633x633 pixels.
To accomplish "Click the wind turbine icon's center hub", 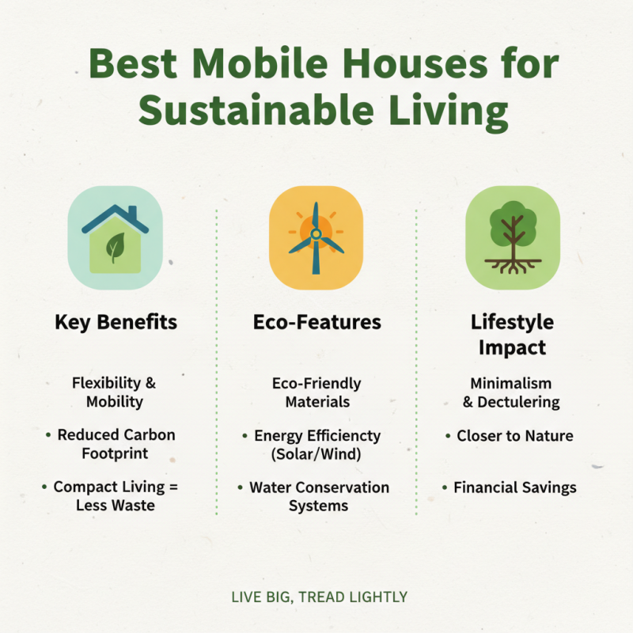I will click(316, 233).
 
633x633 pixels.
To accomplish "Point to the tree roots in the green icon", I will click(513, 265).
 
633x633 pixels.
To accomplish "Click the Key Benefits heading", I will click(116, 323).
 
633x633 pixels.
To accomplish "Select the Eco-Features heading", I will click(316, 323).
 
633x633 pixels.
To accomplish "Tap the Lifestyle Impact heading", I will click(512, 335).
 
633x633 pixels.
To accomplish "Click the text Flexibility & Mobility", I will click(116, 392).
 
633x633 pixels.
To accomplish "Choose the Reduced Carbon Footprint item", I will click(116, 444).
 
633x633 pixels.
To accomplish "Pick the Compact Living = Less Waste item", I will click(116, 496).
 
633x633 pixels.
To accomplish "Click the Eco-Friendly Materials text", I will click(316, 392).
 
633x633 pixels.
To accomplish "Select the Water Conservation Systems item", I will click(319, 496).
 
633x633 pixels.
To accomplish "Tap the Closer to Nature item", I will click(514, 435).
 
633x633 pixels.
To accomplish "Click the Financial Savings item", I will click(514, 487).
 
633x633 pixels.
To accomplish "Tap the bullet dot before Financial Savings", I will click(445, 487).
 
